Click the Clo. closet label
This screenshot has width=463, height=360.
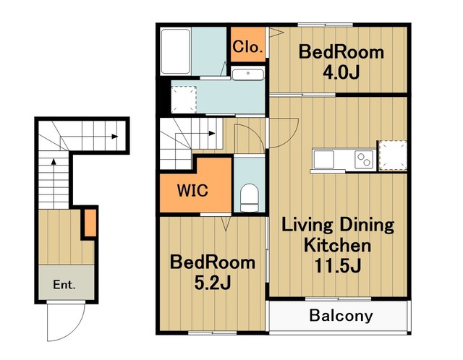247,46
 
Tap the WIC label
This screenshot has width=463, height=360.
192,190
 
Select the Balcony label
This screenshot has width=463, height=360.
341,316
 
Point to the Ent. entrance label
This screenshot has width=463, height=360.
64,285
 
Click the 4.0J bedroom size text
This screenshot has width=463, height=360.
341,72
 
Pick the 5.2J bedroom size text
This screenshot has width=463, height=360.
212,283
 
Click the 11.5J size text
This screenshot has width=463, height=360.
337,265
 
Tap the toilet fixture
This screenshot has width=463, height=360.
249,197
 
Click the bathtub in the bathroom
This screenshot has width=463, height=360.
175,51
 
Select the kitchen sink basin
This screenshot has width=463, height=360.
323,159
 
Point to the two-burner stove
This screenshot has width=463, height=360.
364,160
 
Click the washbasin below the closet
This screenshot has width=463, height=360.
247,74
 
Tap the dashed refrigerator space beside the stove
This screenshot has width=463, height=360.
393,155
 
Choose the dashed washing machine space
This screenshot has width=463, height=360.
184,100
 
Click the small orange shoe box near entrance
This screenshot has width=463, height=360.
90,223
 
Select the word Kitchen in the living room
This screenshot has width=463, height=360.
337,246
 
